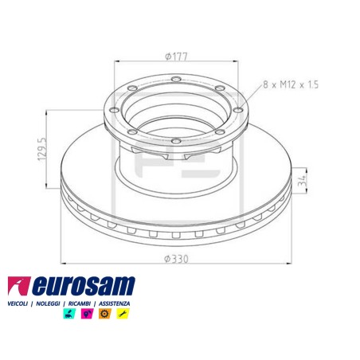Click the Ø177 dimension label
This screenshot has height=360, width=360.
tap(176, 57)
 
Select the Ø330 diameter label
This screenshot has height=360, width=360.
tap(176, 259)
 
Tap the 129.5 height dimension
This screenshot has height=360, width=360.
tap(42, 149)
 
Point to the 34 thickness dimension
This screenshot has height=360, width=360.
tap(303, 180)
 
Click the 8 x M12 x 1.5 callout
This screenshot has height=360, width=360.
tap(291, 84)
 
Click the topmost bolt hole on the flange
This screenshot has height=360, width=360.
tap(176, 79)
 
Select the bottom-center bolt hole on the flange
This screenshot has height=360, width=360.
tap(176, 141)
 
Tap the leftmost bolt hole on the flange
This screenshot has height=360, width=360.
tap(114, 110)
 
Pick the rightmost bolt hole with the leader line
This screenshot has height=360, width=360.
tap(238, 110)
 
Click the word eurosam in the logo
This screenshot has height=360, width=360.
tap(84, 286)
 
